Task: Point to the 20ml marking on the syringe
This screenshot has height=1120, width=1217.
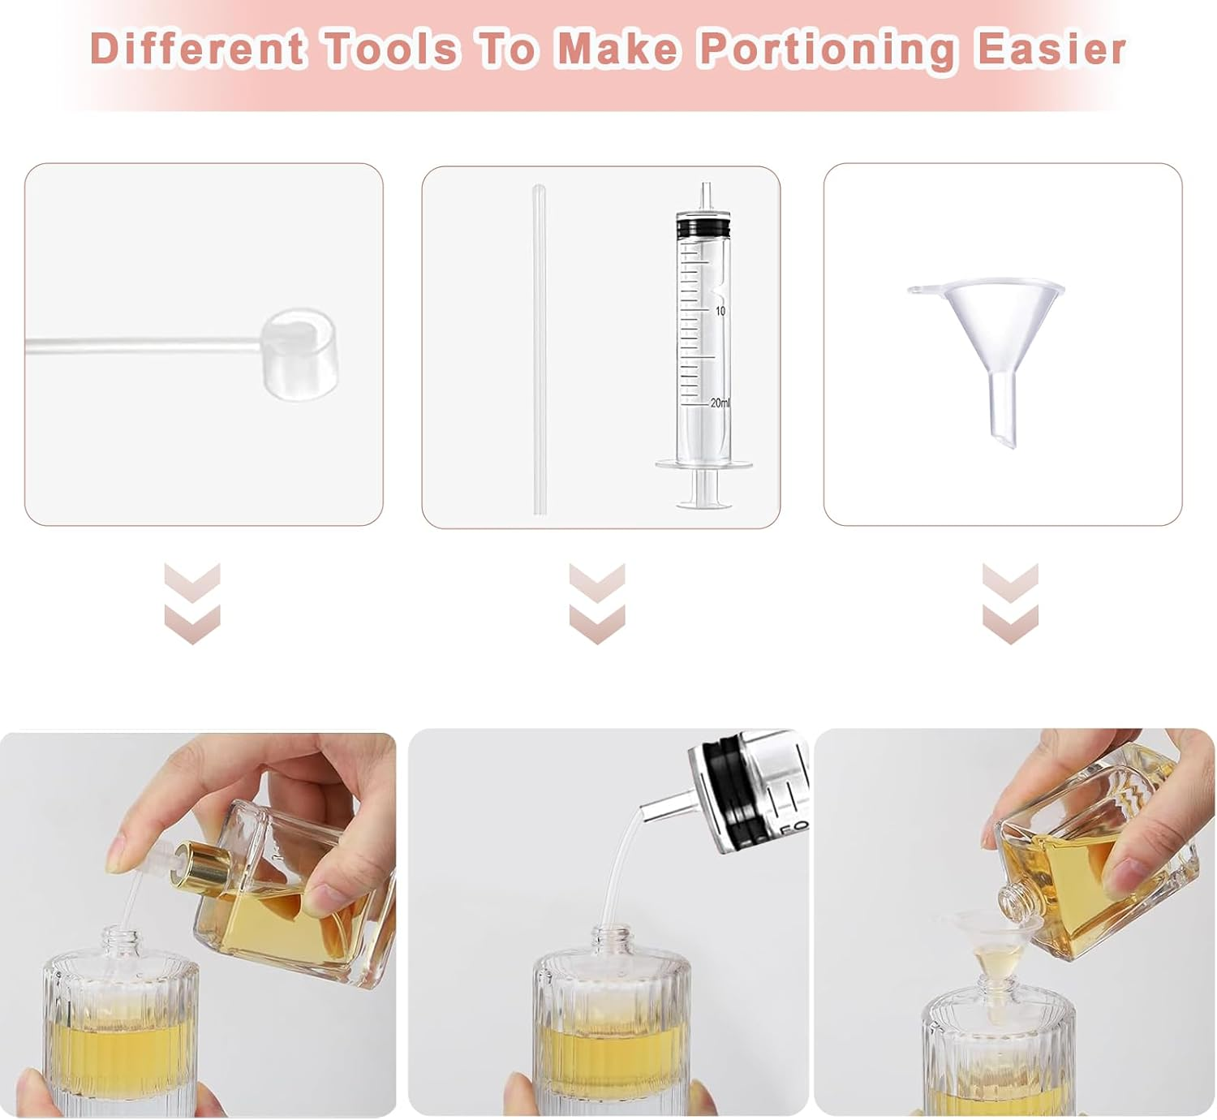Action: (719, 403)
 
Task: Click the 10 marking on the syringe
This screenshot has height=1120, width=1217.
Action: (720, 311)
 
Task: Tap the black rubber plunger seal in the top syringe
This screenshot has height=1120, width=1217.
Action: (703, 226)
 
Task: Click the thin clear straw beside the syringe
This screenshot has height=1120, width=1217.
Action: (540, 349)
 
